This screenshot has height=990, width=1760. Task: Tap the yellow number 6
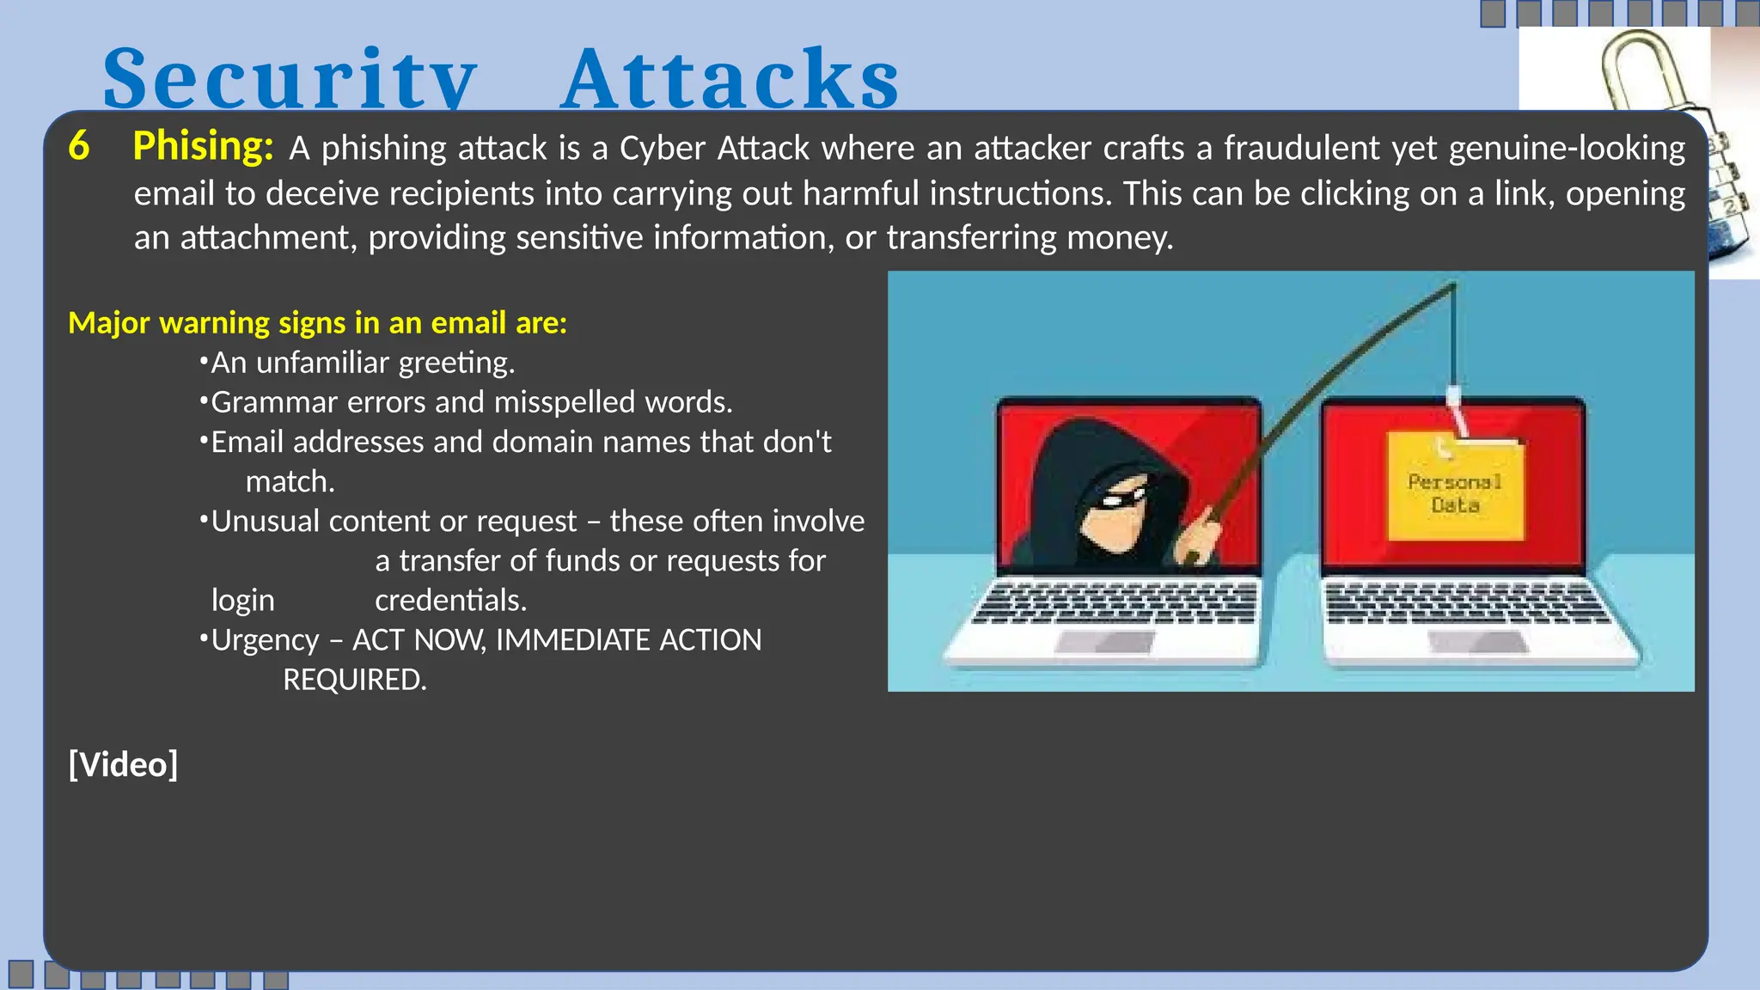pyautogui.click(x=79, y=145)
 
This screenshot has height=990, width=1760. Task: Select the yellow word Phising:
pyautogui.click(x=203, y=146)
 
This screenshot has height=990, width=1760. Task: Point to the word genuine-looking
pyautogui.click(x=1566, y=149)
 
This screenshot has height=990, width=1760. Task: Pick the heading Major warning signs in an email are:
pyautogui.click(x=317, y=322)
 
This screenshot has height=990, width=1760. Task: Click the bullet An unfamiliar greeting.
pyautogui.click(x=362, y=363)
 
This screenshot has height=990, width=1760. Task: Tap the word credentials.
pyautogui.click(x=450, y=600)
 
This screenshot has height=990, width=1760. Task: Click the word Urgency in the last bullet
pyautogui.click(x=265, y=640)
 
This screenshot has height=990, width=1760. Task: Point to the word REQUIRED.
pyautogui.click(x=354, y=680)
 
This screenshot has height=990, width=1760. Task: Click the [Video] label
pyautogui.click(x=123, y=764)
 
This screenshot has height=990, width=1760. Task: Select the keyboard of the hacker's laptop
pyautogui.click(x=1115, y=603)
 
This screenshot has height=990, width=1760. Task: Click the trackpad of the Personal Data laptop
pyautogui.click(x=1477, y=640)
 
